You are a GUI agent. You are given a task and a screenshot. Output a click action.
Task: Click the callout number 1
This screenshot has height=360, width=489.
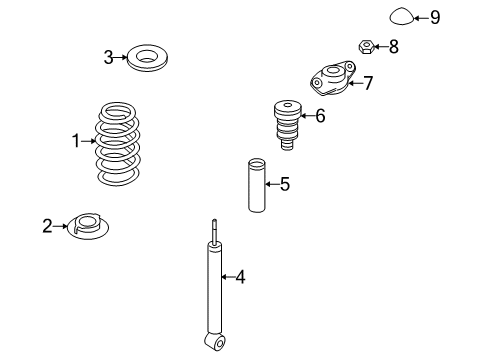point(76,141)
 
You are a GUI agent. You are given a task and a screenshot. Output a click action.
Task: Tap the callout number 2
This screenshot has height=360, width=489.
point(47,226)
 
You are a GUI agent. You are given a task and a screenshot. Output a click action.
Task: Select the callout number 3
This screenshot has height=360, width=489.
point(108,57)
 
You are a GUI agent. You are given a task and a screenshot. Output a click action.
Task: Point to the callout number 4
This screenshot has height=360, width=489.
point(240,277)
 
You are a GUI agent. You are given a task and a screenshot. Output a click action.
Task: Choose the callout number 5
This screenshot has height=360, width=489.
point(285,184)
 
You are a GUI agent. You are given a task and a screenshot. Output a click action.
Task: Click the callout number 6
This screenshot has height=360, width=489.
point(320,116)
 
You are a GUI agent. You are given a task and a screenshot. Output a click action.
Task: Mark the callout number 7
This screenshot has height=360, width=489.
point(368,83)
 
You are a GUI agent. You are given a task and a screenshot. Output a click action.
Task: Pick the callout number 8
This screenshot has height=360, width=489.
point(394,46)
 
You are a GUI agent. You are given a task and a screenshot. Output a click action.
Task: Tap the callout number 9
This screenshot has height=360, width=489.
point(435,17)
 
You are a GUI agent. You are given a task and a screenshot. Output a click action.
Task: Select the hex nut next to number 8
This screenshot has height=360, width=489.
point(366,46)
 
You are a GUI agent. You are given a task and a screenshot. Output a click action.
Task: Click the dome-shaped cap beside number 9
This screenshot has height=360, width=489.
point(402,16)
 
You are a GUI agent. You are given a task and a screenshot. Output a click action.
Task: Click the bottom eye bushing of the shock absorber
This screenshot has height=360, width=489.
point(215,342)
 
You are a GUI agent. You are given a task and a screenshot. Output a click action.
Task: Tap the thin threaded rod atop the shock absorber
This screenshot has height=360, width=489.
point(214,231)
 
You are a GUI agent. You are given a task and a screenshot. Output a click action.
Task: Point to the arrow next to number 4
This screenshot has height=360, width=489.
point(228,277)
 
